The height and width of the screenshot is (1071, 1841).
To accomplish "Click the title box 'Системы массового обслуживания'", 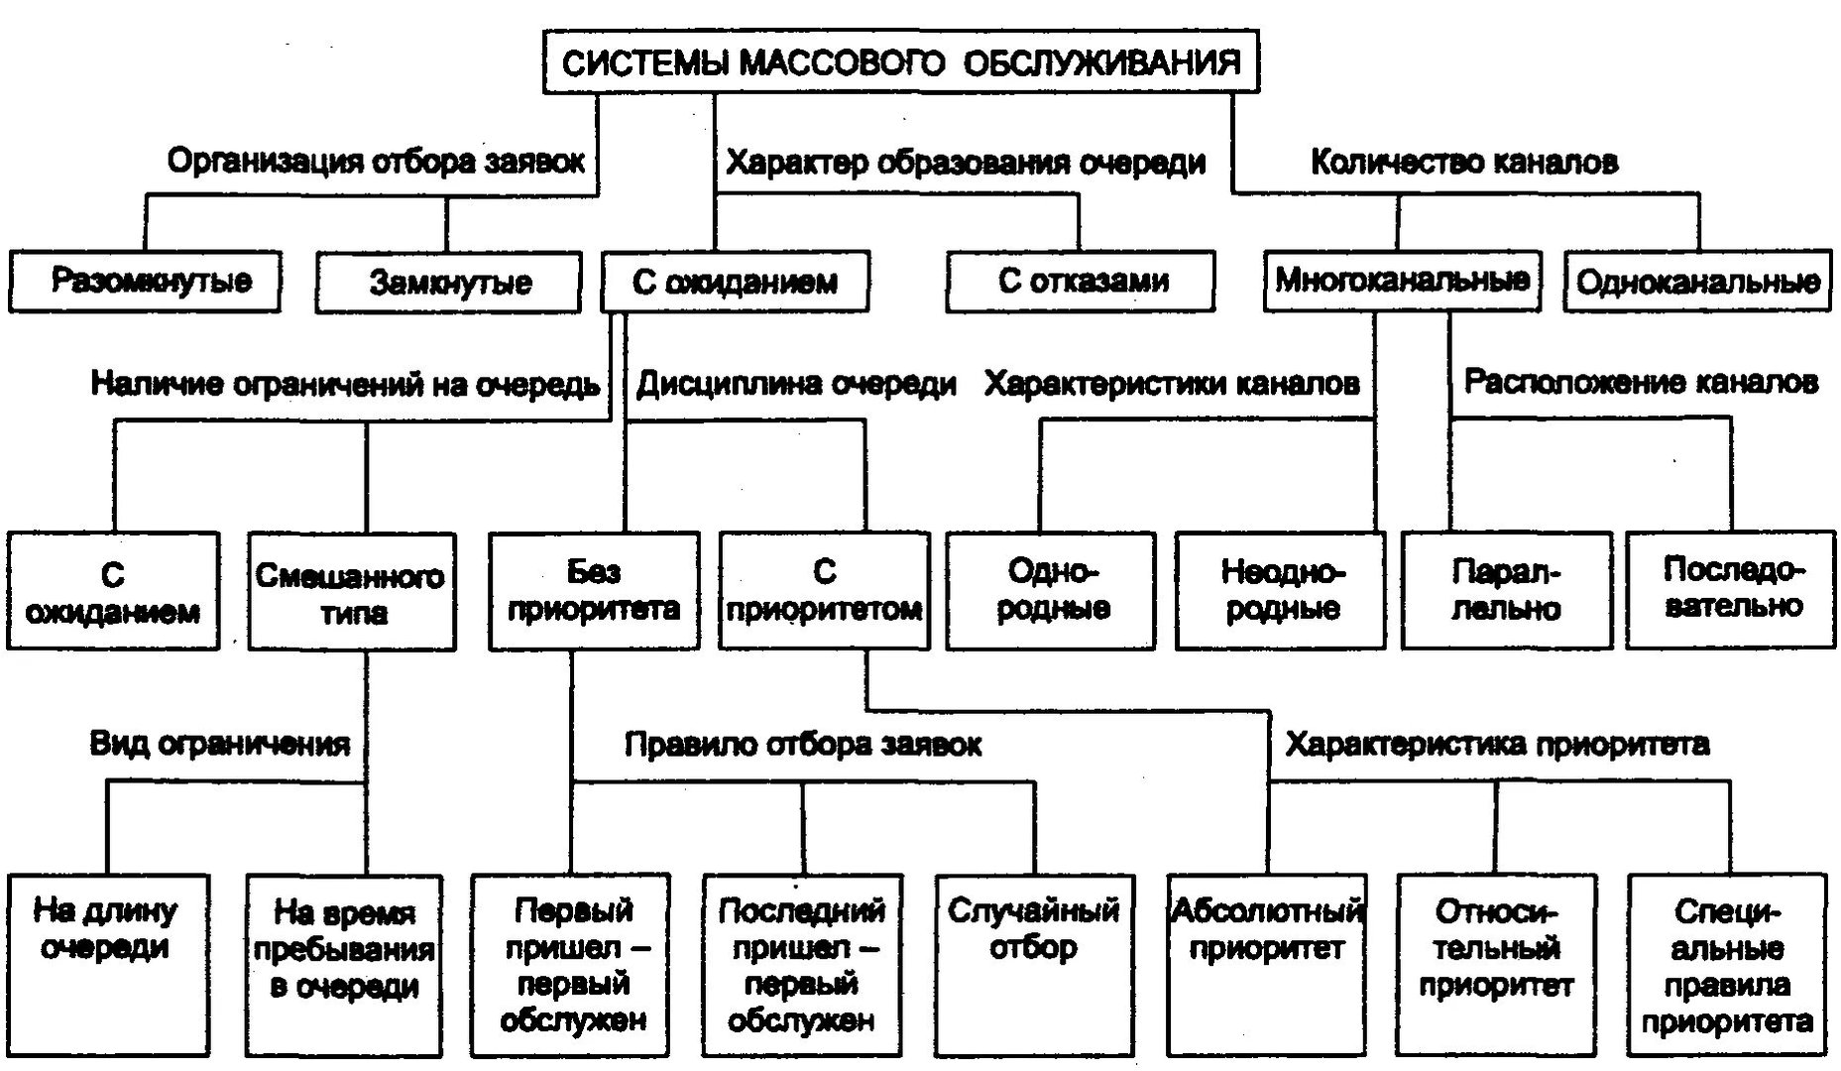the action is (901, 62).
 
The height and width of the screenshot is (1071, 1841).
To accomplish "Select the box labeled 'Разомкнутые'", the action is (145, 282).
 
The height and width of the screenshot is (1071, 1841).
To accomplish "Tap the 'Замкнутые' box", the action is (448, 283).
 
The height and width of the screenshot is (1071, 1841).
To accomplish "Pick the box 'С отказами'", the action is (1081, 282).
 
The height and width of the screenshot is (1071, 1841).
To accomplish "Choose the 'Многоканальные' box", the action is (1402, 281).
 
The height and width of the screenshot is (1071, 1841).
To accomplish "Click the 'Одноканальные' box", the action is (1697, 282).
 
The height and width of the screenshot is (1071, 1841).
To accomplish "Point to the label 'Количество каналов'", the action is (1464, 162).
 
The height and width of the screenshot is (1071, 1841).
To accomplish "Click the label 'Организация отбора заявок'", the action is (376, 161).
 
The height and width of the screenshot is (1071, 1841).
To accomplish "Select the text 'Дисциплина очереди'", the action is (796, 384).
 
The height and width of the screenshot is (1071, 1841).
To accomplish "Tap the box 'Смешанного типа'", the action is (352, 592).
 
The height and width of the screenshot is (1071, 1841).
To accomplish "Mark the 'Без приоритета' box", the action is (593, 591).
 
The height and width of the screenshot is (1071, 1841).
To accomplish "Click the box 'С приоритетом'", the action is (824, 591).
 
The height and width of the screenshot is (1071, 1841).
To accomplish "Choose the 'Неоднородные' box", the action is (1281, 590).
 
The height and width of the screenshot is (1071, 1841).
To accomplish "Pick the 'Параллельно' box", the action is (1506, 590).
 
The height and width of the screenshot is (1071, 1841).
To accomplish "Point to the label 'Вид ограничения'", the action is (219, 744).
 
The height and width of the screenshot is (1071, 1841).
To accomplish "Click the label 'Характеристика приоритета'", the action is (1497, 744).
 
